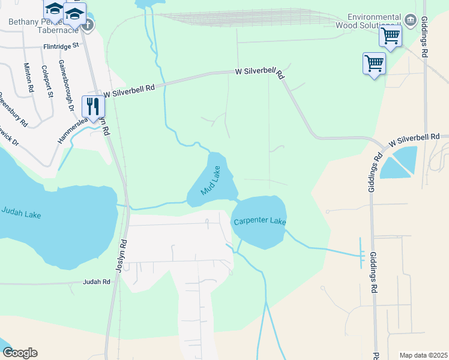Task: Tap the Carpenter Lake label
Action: tap(260, 221)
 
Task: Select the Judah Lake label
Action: tap(21, 212)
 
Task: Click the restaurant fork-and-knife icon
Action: tap(93, 106)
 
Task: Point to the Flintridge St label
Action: tap(61, 46)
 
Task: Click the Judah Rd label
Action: tap(97, 281)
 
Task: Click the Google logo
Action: tap(20, 352)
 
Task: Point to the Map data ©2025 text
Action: tap(423, 355)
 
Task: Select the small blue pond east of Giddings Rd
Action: tap(400, 161)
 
